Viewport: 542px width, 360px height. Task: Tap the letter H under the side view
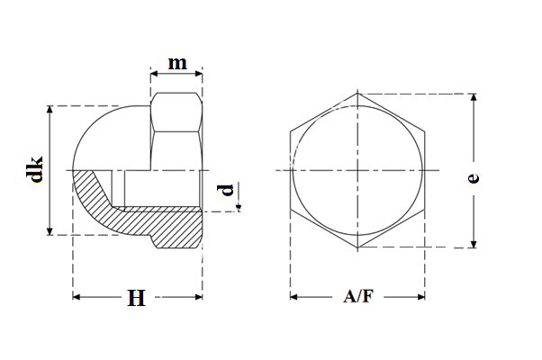click(136, 299)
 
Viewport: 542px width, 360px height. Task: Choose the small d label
click(227, 190)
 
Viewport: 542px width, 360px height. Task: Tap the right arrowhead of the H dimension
click(198, 296)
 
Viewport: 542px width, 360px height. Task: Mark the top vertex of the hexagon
click(358, 93)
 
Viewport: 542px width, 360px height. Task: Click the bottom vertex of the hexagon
click(358, 247)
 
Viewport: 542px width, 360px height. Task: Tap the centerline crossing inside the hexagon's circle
click(358, 170)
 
